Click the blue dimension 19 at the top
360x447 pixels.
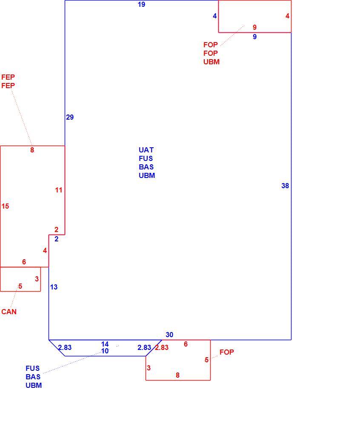pyautogui.click(x=141, y=4)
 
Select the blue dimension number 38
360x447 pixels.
pyautogui.click(x=285, y=186)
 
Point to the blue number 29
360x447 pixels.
pyautogui.click(x=70, y=117)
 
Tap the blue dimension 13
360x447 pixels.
pyautogui.click(x=54, y=287)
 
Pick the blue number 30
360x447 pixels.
pyautogui.click(x=169, y=334)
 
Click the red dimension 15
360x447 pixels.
pyautogui.click(x=5, y=206)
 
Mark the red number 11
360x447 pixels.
pyautogui.click(x=59, y=190)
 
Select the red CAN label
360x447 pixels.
pyautogui.click(x=9, y=312)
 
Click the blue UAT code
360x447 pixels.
pyautogui.click(x=146, y=150)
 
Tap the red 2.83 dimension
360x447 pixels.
pyautogui.click(x=162, y=347)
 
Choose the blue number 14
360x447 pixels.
pyautogui.click(x=105, y=344)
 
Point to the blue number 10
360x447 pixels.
pyautogui.click(x=105, y=351)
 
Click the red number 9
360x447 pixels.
pyautogui.click(x=254, y=27)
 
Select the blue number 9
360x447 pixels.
pyautogui.click(x=254, y=37)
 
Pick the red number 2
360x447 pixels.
pyautogui.click(x=57, y=229)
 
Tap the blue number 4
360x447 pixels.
pyautogui.click(x=214, y=16)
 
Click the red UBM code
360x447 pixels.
pyautogui.click(x=211, y=62)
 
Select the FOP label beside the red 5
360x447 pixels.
pyautogui.click(x=227, y=352)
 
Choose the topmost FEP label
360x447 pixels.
pyautogui.click(x=8, y=77)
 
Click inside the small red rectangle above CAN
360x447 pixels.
pyautogui.click(x=20, y=279)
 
